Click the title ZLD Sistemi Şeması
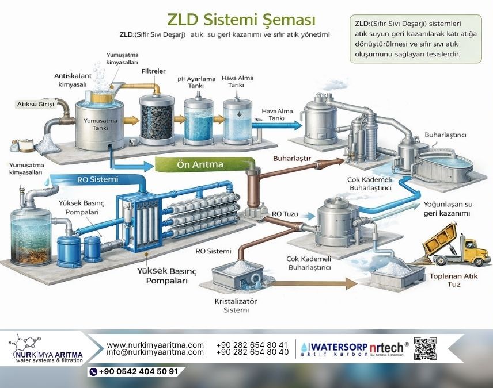241,20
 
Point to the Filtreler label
153,71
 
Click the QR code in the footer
426,349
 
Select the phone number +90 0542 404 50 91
138,371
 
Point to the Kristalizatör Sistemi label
236,305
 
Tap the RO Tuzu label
285,214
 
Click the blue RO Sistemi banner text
97,179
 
